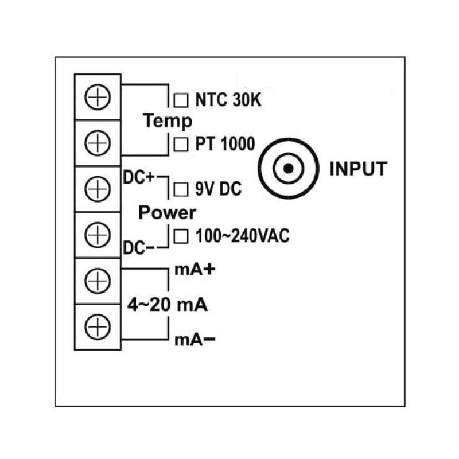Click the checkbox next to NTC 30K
pyautogui.click(x=181, y=100)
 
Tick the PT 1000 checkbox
pyautogui.click(x=181, y=144)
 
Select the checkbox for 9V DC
pyautogui.click(x=181, y=188)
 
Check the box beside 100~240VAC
pyautogui.click(x=181, y=235)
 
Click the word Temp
pyautogui.click(x=168, y=122)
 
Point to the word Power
pyautogui.click(x=168, y=213)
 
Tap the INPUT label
pyautogui.click(x=359, y=169)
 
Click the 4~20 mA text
pyautogui.click(x=167, y=305)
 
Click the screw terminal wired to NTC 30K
pyautogui.click(x=98, y=96)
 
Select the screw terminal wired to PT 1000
pyautogui.click(x=98, y=142)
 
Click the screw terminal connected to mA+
pyautogui.click(x=98, y=281)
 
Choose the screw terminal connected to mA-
pyautogui.click(x=98, y=327)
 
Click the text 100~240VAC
pyautogui.click(x=243, y=235)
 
